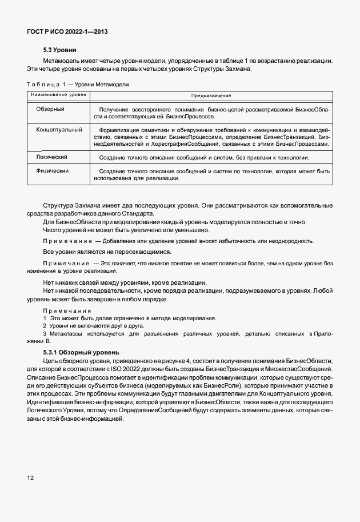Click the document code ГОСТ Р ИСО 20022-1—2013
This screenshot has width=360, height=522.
(x=67, y=31)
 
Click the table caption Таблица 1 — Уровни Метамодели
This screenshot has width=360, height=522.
(x=77, y=85)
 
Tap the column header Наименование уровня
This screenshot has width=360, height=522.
(x=59, y=94)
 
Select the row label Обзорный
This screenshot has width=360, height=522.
(x=50, y=109)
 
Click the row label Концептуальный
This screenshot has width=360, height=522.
(x=59, y=130)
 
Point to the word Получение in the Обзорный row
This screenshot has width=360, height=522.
(x=113, y=109)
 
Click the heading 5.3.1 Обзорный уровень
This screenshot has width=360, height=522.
(x=81, y=352)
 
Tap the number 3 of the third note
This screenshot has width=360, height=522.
(x=45, y=333)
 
